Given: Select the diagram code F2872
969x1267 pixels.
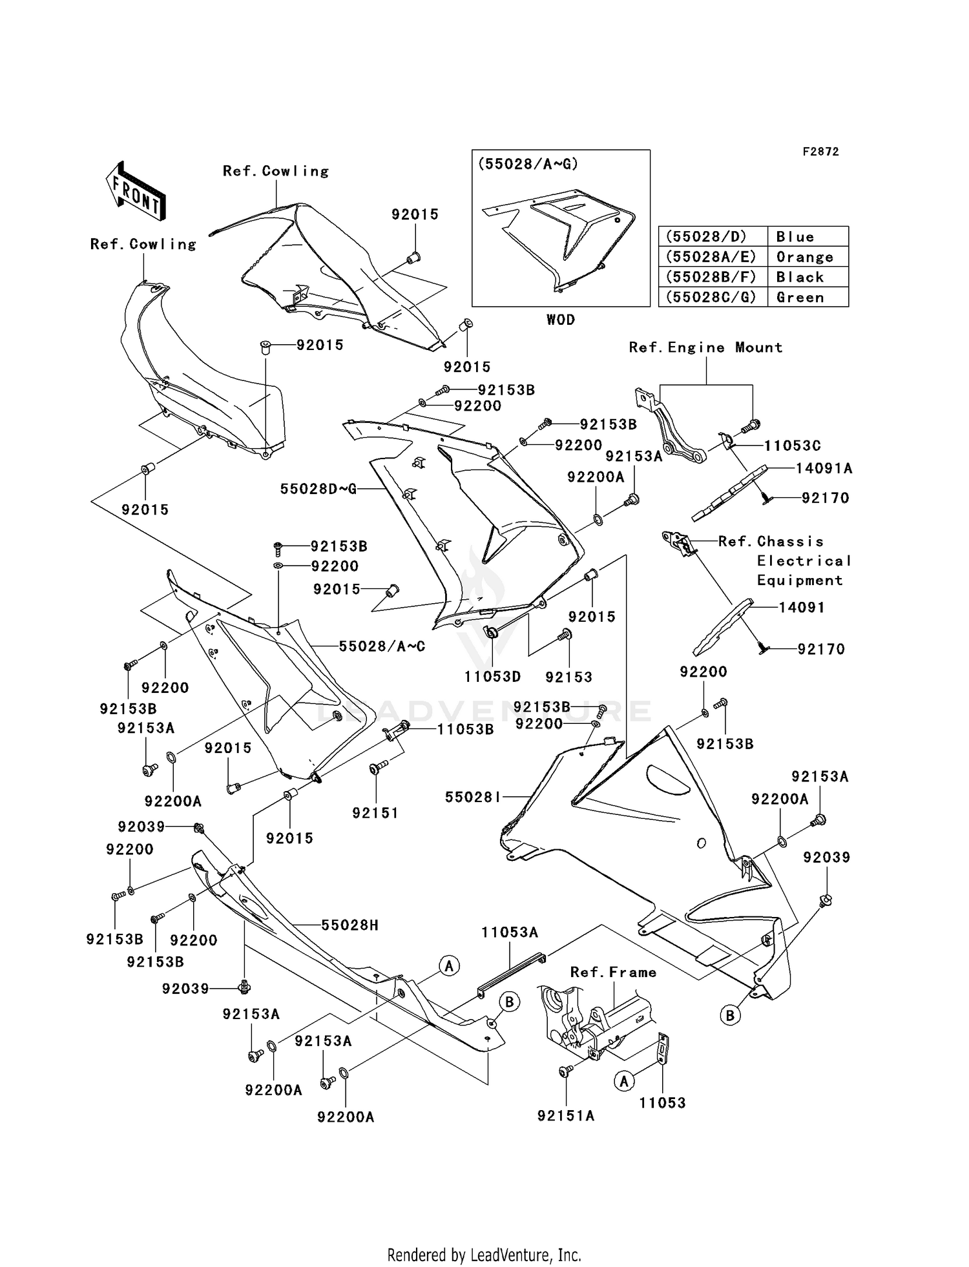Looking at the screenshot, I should pos(820,152).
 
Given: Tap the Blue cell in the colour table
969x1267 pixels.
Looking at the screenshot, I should pos(795,236).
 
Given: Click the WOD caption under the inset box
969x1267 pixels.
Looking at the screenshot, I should pos(560,320).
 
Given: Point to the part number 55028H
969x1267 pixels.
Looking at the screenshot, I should pos(349,925).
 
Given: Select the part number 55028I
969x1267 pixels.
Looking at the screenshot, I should pos(472,798).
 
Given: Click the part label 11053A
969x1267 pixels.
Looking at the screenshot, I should pos(510,932).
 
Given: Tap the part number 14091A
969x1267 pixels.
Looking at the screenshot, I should pos(824,469).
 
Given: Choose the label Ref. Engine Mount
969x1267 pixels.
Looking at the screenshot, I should pos(705,347).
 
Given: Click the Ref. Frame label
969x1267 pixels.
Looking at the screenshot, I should pos(613,973).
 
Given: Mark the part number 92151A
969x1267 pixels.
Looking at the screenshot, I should pos(565,1116).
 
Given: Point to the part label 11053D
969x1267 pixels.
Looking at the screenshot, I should pos(492,677).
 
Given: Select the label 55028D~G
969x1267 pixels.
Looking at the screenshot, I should pos(318,489).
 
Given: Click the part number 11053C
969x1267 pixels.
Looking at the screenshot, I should pos(792,446).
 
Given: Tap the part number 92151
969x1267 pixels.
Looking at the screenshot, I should pos(375,813).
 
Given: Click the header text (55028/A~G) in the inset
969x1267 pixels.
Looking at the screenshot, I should pos(528,164).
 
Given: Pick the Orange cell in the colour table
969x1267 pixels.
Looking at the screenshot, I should pos(805,257).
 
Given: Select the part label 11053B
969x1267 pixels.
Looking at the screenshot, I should pos(465,729).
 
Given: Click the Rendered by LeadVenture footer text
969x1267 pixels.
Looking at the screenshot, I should pos(484,1255).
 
